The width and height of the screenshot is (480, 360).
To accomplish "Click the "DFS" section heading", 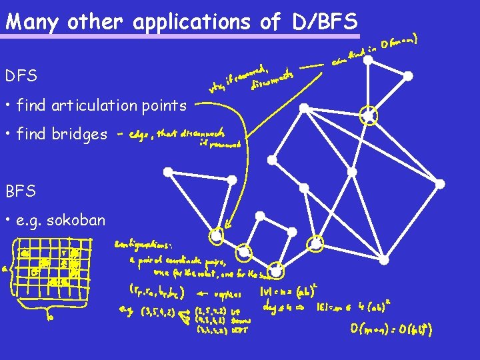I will (x=21, y=77).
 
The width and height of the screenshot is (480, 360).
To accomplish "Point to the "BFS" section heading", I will (x=21, y=191).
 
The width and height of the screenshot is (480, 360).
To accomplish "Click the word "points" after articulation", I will (x=167, y=105).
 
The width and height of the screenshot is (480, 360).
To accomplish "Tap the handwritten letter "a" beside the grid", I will (x=6, y=269).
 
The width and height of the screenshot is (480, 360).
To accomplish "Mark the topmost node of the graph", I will (x=368, y=61).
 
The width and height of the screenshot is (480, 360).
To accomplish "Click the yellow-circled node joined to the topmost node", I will (x=368, y=116).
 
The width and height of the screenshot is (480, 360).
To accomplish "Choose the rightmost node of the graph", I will (x=439, y=183).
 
